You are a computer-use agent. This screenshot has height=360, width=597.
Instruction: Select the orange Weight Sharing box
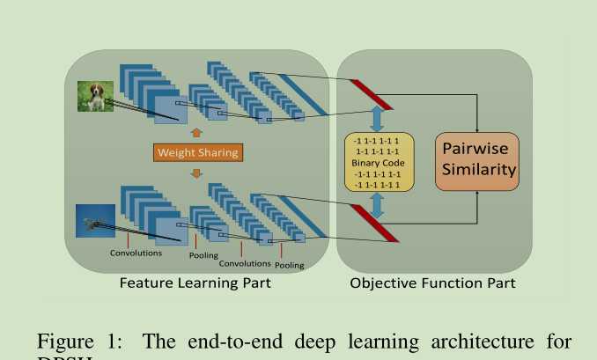click(197, 152)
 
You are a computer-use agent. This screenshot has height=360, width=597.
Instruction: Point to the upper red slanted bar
click(371, 94)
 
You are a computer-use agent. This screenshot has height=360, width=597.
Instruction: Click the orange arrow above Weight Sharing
click(196, 132)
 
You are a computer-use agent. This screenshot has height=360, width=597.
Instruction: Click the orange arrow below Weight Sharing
click(196, 173)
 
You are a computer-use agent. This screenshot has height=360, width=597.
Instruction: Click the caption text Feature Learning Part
click(195, 283)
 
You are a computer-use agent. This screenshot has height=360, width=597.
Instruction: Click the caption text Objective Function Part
click(432, 283)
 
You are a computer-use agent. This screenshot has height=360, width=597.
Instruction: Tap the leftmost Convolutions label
click(136, 253)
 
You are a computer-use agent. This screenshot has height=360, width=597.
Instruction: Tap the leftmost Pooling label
click(203, 255)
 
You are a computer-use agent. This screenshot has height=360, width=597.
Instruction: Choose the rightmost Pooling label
click(289, 264)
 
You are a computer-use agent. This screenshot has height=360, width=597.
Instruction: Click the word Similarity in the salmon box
click(478, 170)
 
